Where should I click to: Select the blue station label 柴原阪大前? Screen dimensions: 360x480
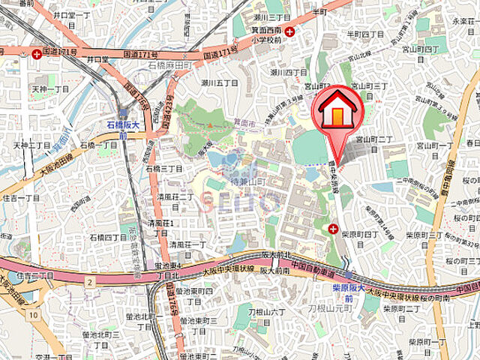click(x=349, y=292)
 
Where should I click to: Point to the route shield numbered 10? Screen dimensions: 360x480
click(x=33, y=315)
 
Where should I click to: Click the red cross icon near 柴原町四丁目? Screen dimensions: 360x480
click(x=332, y=229)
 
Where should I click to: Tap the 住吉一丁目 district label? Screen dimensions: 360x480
click(x=21, y=198)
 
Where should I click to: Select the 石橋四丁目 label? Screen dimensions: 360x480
click(x=109, y=238)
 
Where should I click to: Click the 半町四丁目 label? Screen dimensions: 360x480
click(x=364, y=34)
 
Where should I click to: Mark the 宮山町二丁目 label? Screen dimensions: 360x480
click(x=374, y=139)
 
